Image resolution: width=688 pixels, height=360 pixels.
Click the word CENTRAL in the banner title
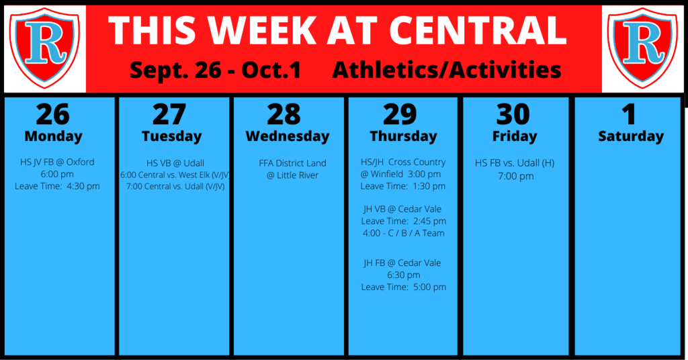tap(478, 31)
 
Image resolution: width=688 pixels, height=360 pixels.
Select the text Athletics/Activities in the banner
tap(447, 70)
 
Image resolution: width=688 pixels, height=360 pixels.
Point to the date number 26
tap(52, 114)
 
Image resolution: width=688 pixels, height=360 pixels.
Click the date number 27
tap(169, 114)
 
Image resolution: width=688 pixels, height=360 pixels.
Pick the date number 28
tap(284, 114)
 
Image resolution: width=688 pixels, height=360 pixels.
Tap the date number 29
tap(400, 114)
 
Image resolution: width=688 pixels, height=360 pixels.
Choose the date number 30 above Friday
tap(513, 114)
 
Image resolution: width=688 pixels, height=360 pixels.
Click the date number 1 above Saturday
tap(629, 114)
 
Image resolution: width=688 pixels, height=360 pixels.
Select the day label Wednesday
tap(288, 136)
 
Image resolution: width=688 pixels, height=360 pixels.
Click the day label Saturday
tap(631, 136)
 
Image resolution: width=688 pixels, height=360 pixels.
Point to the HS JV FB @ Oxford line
tap(57, 162)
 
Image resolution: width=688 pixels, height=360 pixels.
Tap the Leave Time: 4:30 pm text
tap(57, 186)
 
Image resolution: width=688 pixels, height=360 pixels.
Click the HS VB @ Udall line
tap(175, 163)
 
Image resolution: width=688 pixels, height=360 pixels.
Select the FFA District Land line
tap(292, 163)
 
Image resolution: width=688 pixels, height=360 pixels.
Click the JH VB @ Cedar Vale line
tap(402, 209)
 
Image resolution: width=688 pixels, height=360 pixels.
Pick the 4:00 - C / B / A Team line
tap(403, 233)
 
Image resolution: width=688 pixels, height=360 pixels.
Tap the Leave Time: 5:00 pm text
tap(403, 287)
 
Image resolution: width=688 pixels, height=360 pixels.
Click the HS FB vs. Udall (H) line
tap(515, 163)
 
